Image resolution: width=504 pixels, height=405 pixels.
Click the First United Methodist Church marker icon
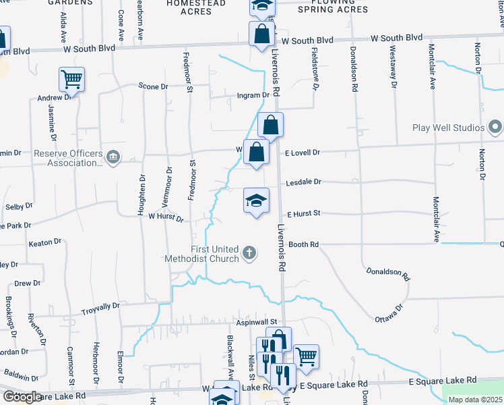(249, 254)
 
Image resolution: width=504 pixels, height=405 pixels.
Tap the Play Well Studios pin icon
(496, 128)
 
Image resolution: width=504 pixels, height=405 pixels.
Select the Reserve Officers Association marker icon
(113, 158)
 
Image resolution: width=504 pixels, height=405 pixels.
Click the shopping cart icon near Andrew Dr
(71, 80)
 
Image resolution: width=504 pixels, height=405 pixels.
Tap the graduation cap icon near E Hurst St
(256, 200)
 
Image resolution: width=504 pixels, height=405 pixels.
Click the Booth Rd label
(303, 244)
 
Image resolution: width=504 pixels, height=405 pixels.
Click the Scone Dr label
(153, 86)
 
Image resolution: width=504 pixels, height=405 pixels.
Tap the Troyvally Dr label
(100, 306)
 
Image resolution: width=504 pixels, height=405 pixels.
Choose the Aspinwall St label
(257, 322)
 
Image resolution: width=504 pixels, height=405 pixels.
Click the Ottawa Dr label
(389, 310)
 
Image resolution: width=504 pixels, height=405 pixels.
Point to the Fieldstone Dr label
(315, 69)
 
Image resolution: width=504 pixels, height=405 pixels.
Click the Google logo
(22, 398)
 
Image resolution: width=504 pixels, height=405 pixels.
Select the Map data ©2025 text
(475, 400)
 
